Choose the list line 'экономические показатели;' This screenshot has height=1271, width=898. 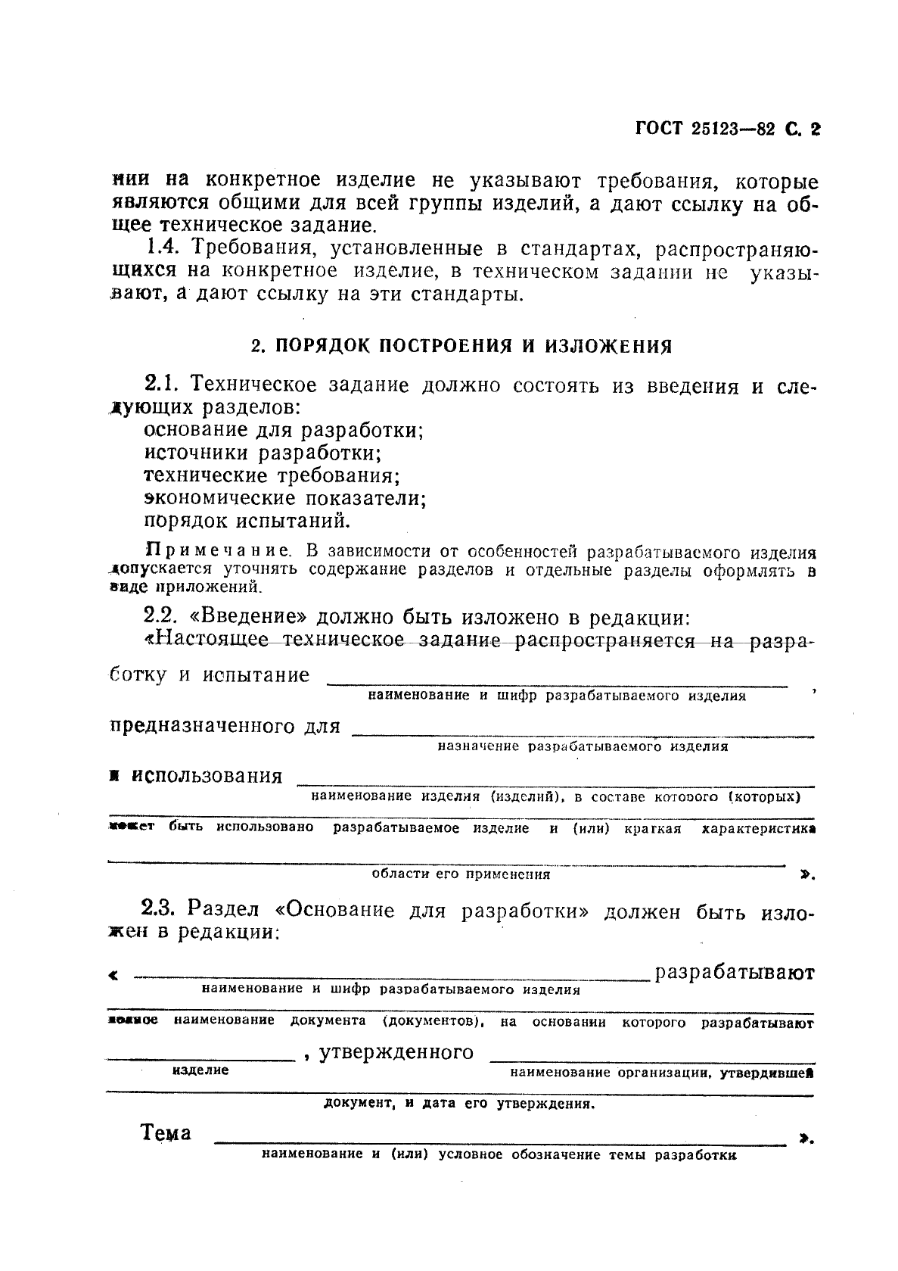285,499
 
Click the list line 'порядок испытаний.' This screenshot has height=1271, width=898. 247,522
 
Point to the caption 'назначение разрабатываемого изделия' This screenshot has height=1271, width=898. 583,746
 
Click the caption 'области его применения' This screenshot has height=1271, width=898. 461,874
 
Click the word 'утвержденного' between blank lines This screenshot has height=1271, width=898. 396,1053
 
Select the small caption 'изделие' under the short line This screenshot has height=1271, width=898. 200,1070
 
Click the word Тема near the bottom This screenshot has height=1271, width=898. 166,1133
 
